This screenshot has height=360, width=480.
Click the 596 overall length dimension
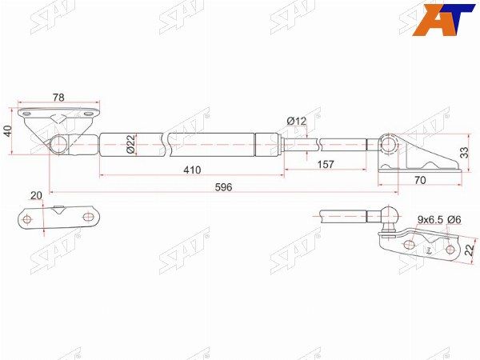[x=223, y=187]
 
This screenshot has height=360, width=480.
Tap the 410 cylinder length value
[x=192, y=170]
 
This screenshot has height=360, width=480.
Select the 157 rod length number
[x=326, y=164]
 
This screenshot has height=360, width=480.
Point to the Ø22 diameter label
[x=130, y=145]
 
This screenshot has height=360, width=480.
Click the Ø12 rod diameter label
[x=296, y=122]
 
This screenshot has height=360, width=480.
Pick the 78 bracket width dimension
[x=58, y=98]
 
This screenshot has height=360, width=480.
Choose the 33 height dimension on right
[x=464, y=153]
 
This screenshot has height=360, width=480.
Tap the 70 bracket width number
[x=420, y=180]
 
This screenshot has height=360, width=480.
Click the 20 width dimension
[x=37, y=195]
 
